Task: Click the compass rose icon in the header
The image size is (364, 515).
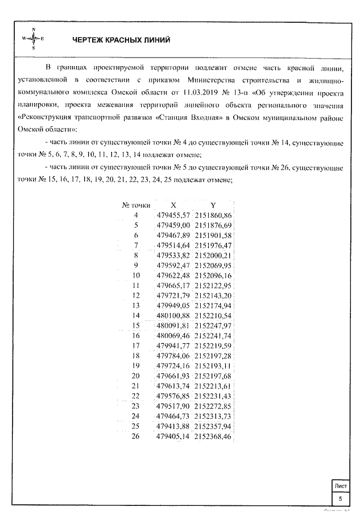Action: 34,38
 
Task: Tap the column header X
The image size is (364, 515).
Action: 173,204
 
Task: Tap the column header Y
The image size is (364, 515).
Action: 213,204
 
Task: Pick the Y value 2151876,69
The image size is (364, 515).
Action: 213,225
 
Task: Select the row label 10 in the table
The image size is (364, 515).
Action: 136,275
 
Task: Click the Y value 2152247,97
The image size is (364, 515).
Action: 213,326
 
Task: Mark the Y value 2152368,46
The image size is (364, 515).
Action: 213,437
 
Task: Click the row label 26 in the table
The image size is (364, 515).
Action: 136,437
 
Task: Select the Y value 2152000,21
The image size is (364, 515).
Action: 213,255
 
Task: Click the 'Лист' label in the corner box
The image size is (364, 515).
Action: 341,486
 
